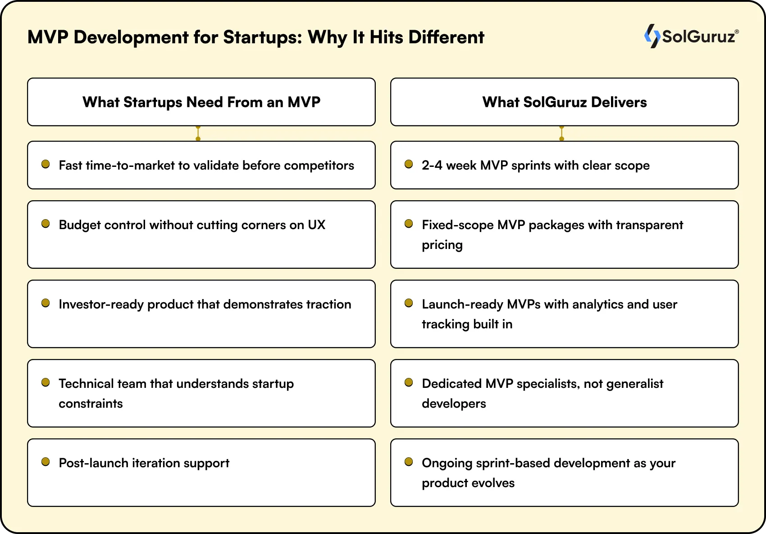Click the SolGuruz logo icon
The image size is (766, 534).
click(652, 36)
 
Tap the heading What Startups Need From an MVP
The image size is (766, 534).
click(201, 102)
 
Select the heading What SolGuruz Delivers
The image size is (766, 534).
click(564, 102)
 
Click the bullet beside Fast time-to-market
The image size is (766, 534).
click(46, 164)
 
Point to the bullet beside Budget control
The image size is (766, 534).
click(46, 224)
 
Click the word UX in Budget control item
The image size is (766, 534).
click(316, 225)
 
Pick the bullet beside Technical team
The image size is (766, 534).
click(46, 382)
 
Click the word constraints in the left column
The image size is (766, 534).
click(91, 404)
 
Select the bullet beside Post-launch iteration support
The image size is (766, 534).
click(46, 462)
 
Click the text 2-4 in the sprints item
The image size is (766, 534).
click(432, 166)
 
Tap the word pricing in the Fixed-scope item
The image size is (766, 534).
click(442, 245)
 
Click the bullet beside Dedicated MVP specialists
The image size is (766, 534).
click(409, 382)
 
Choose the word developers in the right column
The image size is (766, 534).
click(454, 404)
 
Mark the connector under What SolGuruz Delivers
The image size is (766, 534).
click(561, 133)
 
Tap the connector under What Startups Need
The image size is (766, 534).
click(198, 133)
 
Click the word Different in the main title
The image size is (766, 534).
click(446, 37)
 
